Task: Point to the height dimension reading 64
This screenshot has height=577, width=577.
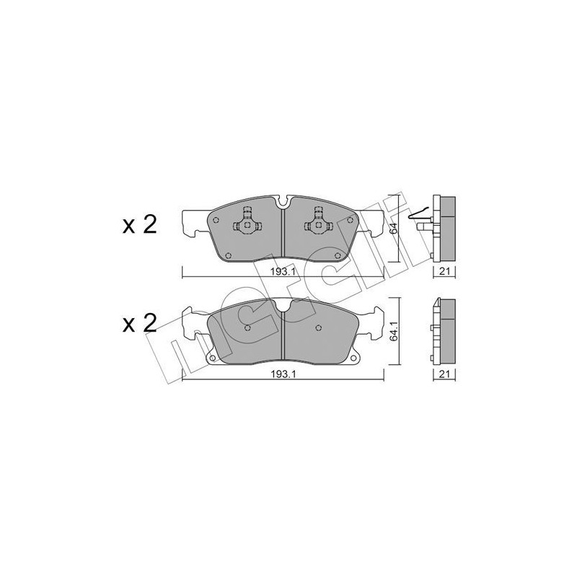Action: [x=394, y=229]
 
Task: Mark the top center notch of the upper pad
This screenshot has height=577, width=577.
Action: [x=282, y=202]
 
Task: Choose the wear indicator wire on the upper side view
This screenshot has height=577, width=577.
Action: [x=418, y=214]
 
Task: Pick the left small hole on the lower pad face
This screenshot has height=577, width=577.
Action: [x=247, y=328]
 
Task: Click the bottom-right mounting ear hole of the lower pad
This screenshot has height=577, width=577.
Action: [x=353, y=359]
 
